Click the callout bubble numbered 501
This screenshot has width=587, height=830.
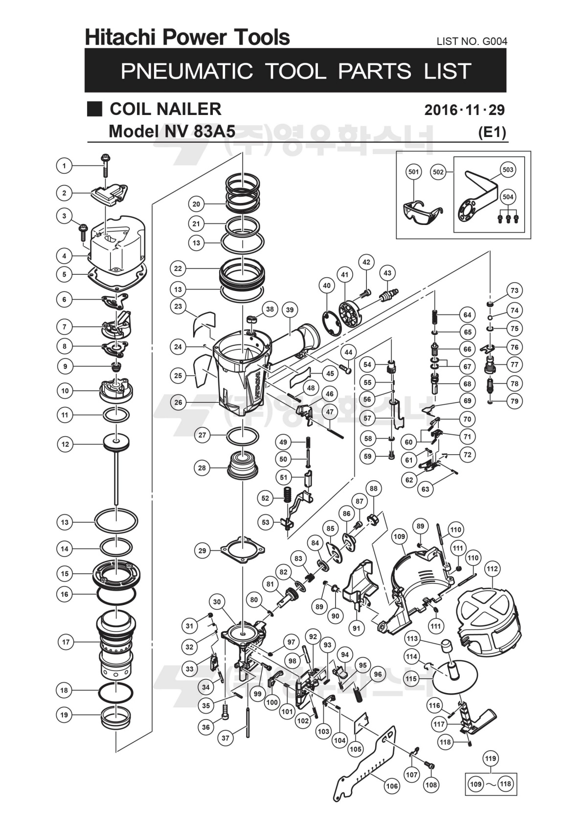(414, 172)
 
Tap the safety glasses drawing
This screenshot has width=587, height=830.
(421, 213)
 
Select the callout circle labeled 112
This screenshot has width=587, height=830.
(492, 569)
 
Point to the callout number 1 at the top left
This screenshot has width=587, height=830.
(64, 166)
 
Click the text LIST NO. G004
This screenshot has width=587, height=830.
(472, 42)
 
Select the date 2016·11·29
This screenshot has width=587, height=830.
(464, 110)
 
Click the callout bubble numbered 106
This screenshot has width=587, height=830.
(392, 786)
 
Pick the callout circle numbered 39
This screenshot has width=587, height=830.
(290, 310)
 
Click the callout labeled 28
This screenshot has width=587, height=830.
(202, 468)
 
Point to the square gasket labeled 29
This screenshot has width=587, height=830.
(243, 550)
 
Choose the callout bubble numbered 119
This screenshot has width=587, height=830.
(491, 759)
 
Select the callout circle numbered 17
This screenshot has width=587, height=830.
(66, 642)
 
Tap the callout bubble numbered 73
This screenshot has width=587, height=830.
(514, 290)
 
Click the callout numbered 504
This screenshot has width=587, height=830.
(508, 197)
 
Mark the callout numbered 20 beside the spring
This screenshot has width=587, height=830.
(197, 204)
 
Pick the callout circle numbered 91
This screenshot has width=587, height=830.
(356, 627)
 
